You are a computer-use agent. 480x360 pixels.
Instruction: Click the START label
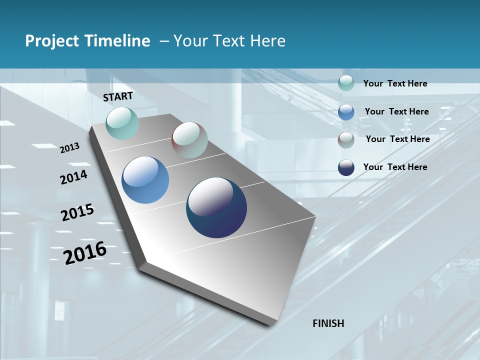point(118,96)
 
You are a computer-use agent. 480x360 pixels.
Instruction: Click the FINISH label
point(328,323)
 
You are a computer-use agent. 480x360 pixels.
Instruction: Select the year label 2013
point(70,148)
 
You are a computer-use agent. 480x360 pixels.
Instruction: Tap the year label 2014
point(74,177)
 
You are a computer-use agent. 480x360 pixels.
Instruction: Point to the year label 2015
point(77,212)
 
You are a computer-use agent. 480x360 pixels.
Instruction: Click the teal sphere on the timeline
point(122,123)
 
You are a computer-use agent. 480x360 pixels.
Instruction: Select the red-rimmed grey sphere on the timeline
point(189,140)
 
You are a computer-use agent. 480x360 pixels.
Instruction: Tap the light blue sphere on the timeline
point(145,180)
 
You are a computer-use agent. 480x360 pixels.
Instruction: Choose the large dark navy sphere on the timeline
point(216,207)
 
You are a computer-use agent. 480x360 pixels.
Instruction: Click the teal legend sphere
point(346,83)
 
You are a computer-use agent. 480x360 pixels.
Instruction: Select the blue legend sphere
point(346,111)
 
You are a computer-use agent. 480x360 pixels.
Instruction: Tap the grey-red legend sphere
point(346,140)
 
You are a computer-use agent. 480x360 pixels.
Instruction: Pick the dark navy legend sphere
point(346,167)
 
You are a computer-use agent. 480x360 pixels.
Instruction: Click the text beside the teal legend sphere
point(395,84)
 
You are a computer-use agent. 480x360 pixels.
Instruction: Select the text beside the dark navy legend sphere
point(395,167)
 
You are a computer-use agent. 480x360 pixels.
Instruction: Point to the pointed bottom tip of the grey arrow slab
point(270,325)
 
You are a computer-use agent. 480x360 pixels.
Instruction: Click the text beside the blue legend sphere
point(396,111)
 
